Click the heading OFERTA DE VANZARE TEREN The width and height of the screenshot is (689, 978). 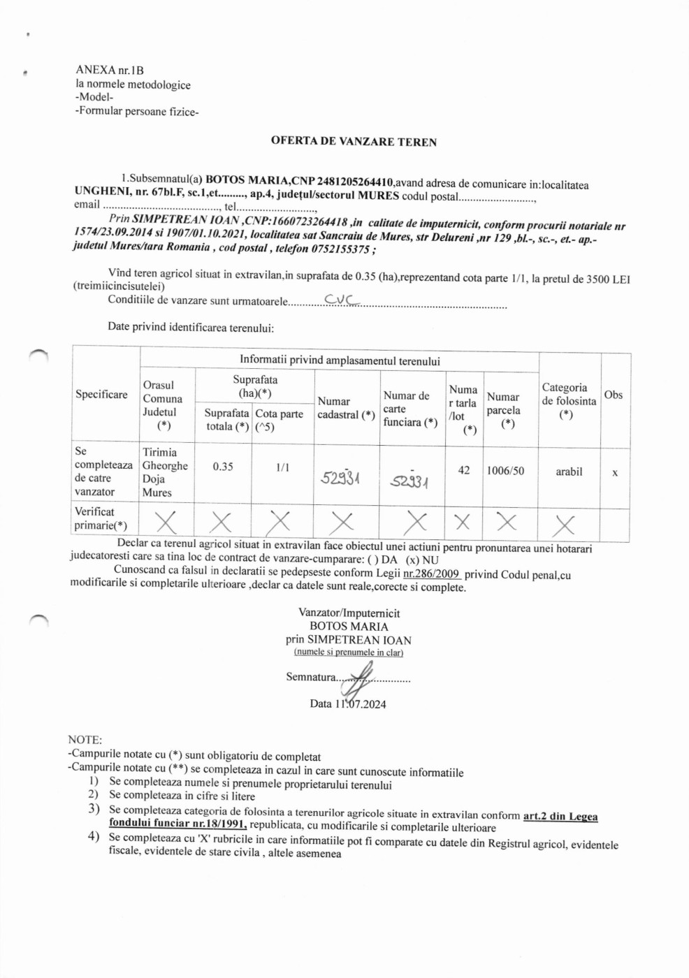tap(354, 142)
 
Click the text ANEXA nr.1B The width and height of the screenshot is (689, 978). tap(110, 70)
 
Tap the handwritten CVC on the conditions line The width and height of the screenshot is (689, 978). tap(341, 300)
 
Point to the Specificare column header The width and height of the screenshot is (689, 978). tap(101, 394)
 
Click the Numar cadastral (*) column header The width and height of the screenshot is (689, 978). tap(346, 408)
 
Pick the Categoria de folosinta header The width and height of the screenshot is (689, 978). tap(568, 401)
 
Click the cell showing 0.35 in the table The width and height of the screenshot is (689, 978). tap(223, 467)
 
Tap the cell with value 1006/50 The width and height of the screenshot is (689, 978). tap(505, 471)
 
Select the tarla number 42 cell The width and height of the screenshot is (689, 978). tap(464, 470)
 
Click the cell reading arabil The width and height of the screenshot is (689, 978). tap(569, 472)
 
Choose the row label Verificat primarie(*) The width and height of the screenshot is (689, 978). tap(101, 518)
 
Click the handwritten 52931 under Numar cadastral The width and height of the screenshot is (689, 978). tap(340, 478)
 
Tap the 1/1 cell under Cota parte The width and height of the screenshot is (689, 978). tap(282, 467)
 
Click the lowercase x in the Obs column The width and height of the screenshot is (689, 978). tap(615, 473)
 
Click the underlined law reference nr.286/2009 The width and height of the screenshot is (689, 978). tap(431, 574)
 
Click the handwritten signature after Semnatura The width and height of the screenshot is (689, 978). tap(362, 676)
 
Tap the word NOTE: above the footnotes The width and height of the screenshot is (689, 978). tap(85, 740)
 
